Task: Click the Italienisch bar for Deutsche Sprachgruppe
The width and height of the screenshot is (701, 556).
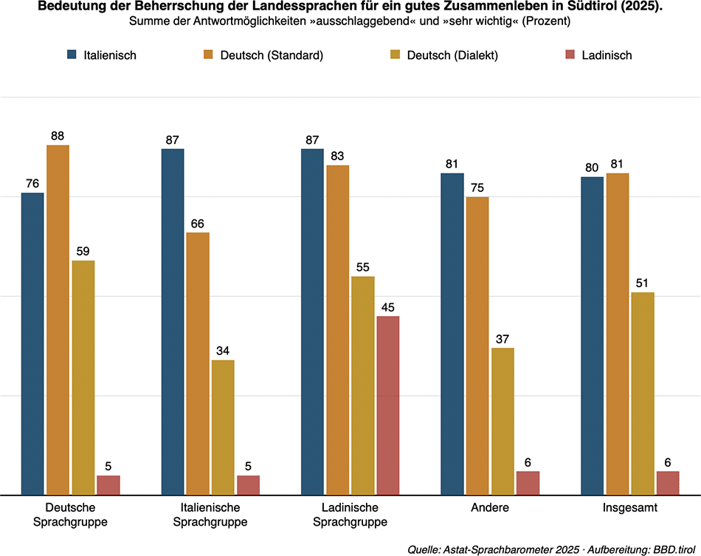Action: coord(32,343)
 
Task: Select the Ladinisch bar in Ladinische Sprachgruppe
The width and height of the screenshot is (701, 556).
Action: coord(387,405)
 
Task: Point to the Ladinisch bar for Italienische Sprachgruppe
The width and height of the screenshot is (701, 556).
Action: coord(248,485)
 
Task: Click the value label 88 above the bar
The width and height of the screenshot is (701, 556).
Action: coord(58,136)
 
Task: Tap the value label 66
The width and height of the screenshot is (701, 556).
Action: coord(198,224)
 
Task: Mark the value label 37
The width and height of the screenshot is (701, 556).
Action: coord(503,339)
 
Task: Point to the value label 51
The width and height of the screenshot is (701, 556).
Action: coord(643,284)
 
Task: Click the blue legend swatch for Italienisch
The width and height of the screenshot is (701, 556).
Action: coord(72,55)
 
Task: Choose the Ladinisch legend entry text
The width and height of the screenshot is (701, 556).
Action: coord(606,55)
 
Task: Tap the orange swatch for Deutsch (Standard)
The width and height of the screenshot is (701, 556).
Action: coord(209,55)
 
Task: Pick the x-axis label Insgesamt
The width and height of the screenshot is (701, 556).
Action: coord(629,508)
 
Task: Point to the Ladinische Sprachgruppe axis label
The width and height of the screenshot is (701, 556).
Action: coord(350,515)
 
